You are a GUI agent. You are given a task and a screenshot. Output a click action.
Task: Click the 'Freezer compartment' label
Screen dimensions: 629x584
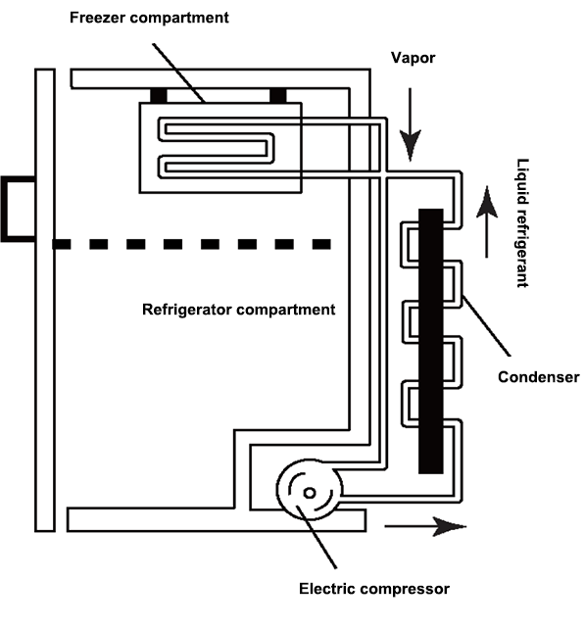point(162,19)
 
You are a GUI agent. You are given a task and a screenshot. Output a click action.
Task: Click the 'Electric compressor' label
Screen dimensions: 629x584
point(373,589)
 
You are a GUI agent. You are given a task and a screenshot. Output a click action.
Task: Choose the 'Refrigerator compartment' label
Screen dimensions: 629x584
point(239,310)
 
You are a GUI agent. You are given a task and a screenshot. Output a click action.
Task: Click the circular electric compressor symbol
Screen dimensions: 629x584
point(309,492)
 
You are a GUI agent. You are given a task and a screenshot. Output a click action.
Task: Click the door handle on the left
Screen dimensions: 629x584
point(17,210)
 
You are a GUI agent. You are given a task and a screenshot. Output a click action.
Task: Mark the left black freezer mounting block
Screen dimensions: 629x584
point(160,95)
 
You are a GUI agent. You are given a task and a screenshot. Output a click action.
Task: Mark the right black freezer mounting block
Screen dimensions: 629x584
point(278,95)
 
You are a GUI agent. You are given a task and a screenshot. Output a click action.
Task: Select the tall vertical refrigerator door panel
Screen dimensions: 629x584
point(43,299)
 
